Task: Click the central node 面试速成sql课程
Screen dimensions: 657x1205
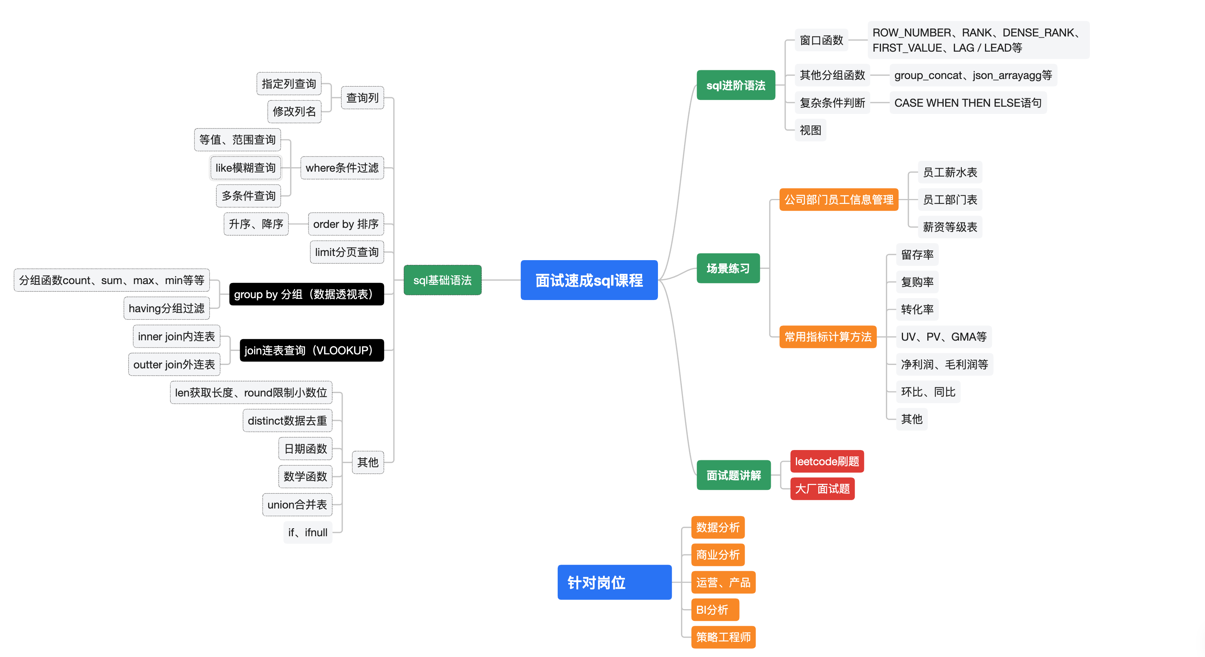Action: click(588, 280)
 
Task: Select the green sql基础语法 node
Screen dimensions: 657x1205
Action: click(442, 280)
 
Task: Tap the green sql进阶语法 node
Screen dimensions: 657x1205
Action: click(735, 85)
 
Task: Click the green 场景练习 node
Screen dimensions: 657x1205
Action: click(728, 268)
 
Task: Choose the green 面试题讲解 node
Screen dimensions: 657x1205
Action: click(733, 475)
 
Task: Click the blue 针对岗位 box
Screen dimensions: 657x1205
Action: click(614, 582)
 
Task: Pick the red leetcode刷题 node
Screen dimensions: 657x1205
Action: click(827, 461)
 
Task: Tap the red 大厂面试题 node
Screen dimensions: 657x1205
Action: click(822, 489)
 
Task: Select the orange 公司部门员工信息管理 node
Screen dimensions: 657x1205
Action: click(838, 200)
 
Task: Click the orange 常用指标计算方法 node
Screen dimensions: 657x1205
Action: click(827, 337)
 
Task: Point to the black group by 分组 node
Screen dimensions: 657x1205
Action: click(307, 294)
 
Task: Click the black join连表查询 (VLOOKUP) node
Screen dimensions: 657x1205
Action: click(312, 350)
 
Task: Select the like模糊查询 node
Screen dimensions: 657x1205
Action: click(245, 168)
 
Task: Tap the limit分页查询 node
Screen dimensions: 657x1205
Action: click(346, 252)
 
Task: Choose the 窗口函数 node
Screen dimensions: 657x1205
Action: click(821, 40)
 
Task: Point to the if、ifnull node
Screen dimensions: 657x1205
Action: click(308, 532)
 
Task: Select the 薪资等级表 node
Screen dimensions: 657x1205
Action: click(950, 227)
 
